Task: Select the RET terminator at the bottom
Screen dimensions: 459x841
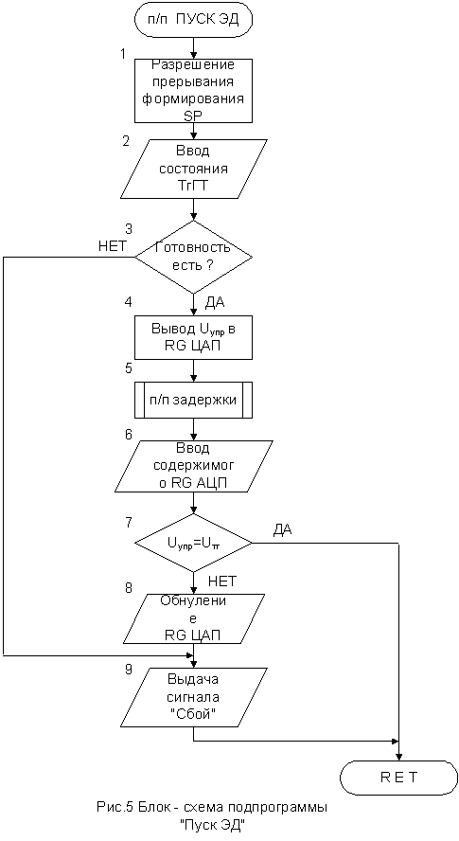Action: tap(399, 778)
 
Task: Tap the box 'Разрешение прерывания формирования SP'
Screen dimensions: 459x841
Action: tap(193, 91)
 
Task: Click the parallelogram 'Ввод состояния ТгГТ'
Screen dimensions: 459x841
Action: tap(193, 169)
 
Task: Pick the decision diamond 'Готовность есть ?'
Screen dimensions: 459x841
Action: tap(193, 257)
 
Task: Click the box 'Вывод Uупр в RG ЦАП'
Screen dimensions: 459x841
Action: tap(193, 338)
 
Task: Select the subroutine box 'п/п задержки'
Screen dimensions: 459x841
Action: tap(193, 400)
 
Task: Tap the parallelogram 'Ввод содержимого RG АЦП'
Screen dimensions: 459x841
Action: tap(193, 466)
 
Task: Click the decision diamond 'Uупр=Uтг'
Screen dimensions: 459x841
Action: tap(193, 543)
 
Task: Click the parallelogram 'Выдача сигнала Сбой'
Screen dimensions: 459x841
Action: tap(193, 696)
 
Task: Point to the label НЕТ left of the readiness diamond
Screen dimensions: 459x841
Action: tap(112, 246)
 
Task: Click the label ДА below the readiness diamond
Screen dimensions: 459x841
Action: tap(215, 303)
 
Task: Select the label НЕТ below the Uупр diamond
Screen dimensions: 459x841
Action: tap(221, 581)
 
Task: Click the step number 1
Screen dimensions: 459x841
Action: tap(124, 55)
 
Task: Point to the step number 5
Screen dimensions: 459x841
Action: tap(128, 368)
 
